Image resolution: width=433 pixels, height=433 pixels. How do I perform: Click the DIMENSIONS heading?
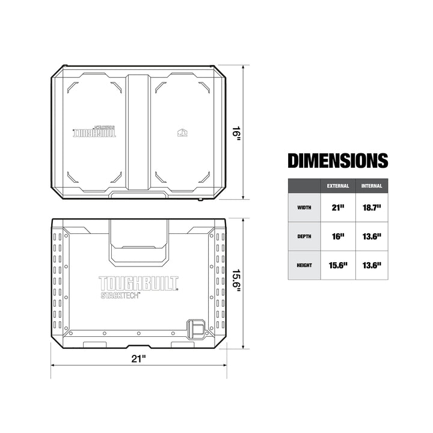click(x=337, y=161)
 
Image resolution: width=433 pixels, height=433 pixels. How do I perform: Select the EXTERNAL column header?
click(x=337, y=186)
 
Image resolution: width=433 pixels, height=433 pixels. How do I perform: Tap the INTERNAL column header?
click(x=372, y=186)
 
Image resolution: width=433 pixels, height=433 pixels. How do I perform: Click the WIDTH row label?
click(x=304, y=207)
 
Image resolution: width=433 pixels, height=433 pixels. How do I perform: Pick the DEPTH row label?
click(x=304, y=236)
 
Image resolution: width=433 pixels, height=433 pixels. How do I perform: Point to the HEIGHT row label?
click(x=304, y=265)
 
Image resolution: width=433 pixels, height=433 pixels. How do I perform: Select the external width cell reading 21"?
click(x=337, y=207)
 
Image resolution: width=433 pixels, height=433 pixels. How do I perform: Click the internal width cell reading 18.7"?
click(x=372, y=207)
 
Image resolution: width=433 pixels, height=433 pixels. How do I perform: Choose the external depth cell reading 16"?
click(x=337, y=236)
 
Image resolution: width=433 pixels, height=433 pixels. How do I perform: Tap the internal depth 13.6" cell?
click(x=372, y=236)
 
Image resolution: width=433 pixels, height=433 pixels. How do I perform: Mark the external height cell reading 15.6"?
click(x=337, y=265)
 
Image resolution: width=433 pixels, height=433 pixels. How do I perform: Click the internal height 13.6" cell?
click(x=372, y=265)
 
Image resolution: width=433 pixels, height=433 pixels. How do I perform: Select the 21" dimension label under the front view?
click(x=139, y=358)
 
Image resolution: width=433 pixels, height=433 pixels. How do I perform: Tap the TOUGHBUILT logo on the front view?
click(x=138, y=283)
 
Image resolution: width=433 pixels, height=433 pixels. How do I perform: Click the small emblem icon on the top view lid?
click(x=182, y=133)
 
